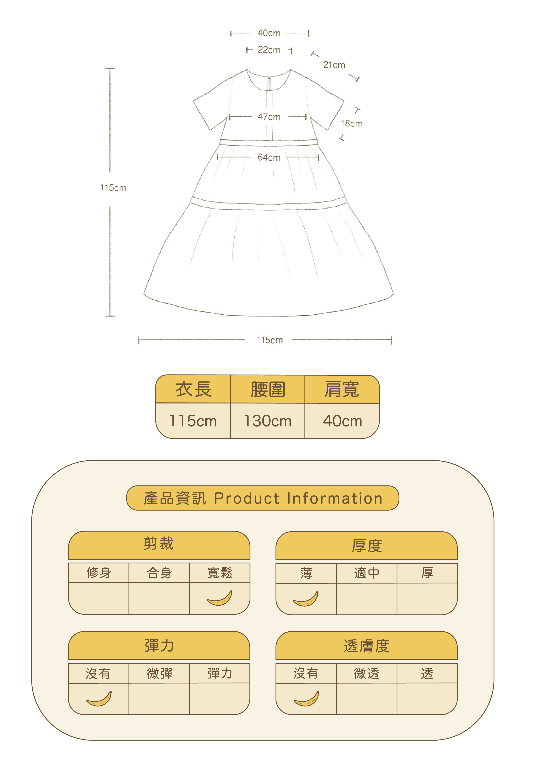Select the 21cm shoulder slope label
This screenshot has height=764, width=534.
click(334, 65)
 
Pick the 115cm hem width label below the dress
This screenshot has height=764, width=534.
click(269, 340)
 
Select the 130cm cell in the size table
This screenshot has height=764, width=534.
click(267, 421)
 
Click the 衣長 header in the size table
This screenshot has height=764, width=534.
click(193, 389)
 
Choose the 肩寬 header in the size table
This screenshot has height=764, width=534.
click(342, 389)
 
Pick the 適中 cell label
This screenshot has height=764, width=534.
click(366, 573)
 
